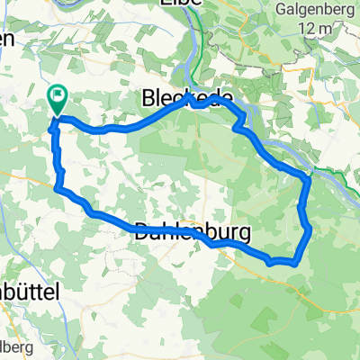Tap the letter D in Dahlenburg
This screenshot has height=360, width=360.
143,229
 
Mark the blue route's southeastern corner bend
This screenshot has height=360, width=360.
294,261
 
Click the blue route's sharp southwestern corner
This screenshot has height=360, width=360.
57,188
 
